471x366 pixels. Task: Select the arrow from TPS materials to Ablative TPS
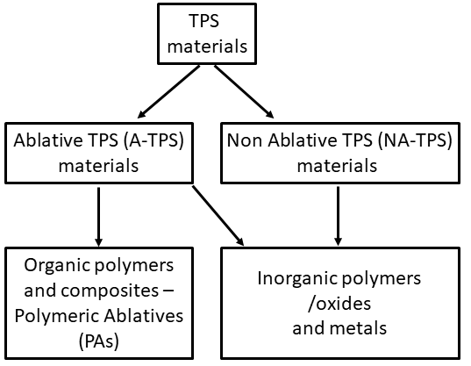coord(168,91)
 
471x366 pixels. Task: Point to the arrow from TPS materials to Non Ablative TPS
coord(244,91)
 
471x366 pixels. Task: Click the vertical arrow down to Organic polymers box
coord(98,217)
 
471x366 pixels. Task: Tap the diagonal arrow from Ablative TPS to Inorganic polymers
coord(218,215)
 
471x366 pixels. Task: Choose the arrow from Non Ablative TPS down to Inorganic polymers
coord(338,216)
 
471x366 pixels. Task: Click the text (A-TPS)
coord(153,140)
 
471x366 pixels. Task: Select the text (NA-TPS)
coord(415,140)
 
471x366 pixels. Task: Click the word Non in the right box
coord(245,140)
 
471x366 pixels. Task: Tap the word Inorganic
coord(297,279)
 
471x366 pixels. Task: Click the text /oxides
coord(339,304)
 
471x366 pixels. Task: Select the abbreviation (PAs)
coord(99,341)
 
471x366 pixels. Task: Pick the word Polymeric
coord(54,317)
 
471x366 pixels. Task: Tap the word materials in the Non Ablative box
coord(337,166)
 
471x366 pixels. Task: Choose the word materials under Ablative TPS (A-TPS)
coord(98,166)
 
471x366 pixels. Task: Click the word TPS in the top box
coord(204,21)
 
